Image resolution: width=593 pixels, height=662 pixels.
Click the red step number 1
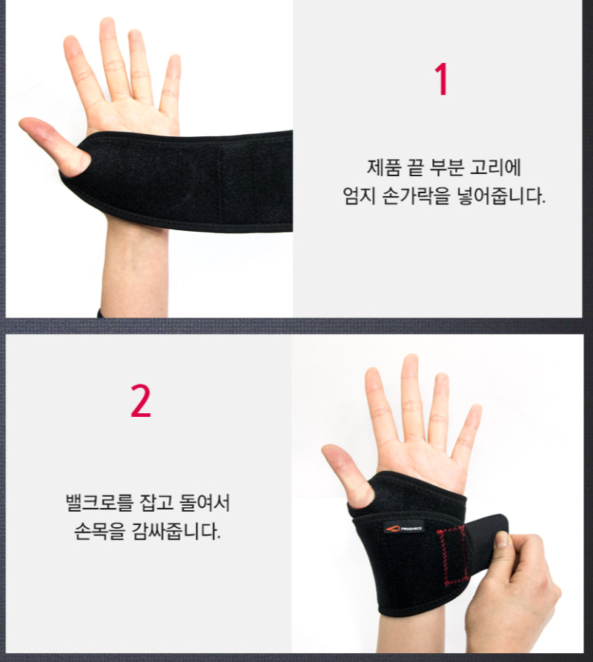coord(441,79)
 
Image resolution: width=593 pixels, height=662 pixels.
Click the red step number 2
coord(141,401)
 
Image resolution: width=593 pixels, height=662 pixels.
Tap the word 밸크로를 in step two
coord(99,502)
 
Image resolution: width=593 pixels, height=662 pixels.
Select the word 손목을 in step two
coord(100,531)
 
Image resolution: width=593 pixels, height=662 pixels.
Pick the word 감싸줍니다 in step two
coord(176,531)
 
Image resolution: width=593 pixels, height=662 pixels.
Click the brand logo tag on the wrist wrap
coord(404,528)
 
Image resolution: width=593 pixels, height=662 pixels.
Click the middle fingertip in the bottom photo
coord(410,360)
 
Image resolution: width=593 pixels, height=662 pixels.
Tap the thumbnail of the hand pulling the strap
coord(502,539)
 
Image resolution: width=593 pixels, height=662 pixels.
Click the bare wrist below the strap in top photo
coord(134,270)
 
